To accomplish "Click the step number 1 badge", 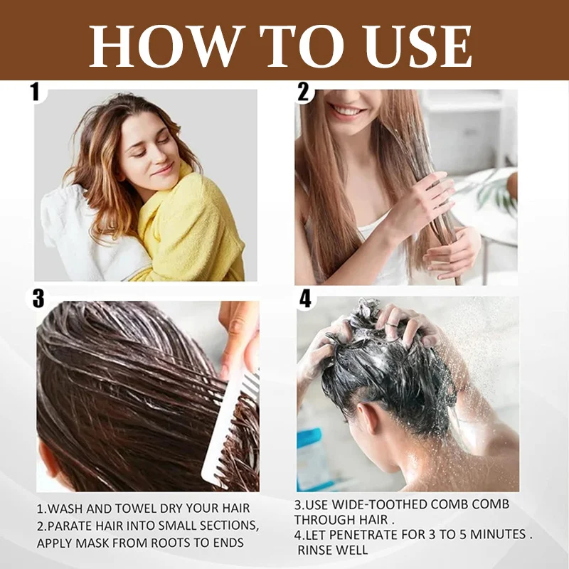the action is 35,92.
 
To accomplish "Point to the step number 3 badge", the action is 38,299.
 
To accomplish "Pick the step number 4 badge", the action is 305,299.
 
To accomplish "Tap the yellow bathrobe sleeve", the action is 188,225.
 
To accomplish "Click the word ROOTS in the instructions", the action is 171,543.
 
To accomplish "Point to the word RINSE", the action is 314,550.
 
